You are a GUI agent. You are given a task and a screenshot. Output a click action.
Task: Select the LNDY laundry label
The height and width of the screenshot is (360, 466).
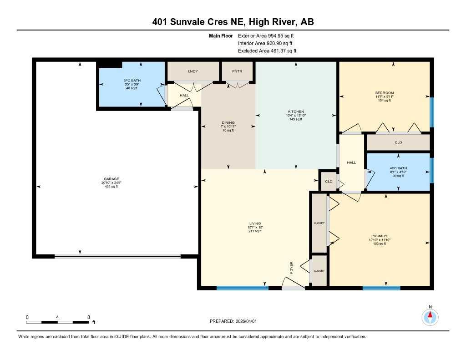click(193, 71)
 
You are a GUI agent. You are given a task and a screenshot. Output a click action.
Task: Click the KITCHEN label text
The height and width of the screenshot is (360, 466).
click(296, 112)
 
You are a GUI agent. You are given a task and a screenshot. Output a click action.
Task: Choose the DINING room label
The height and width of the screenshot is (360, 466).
click(228, 122)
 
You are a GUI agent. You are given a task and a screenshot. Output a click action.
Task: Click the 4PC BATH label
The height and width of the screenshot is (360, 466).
click(398, 168)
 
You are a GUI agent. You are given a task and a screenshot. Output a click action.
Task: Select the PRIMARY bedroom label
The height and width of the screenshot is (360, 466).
click(379, 236)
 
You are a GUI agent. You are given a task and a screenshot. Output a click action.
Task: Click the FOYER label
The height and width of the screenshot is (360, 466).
click(292, 268)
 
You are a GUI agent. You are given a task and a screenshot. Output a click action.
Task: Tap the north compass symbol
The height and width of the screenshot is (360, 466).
click(430, 316)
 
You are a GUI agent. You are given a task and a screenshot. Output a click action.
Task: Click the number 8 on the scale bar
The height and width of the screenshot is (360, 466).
click(88, 317)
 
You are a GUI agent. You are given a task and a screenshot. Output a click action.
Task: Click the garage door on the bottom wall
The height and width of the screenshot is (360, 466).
click(117, 257)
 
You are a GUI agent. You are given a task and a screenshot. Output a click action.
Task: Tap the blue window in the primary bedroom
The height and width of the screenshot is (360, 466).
click(381, 288)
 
